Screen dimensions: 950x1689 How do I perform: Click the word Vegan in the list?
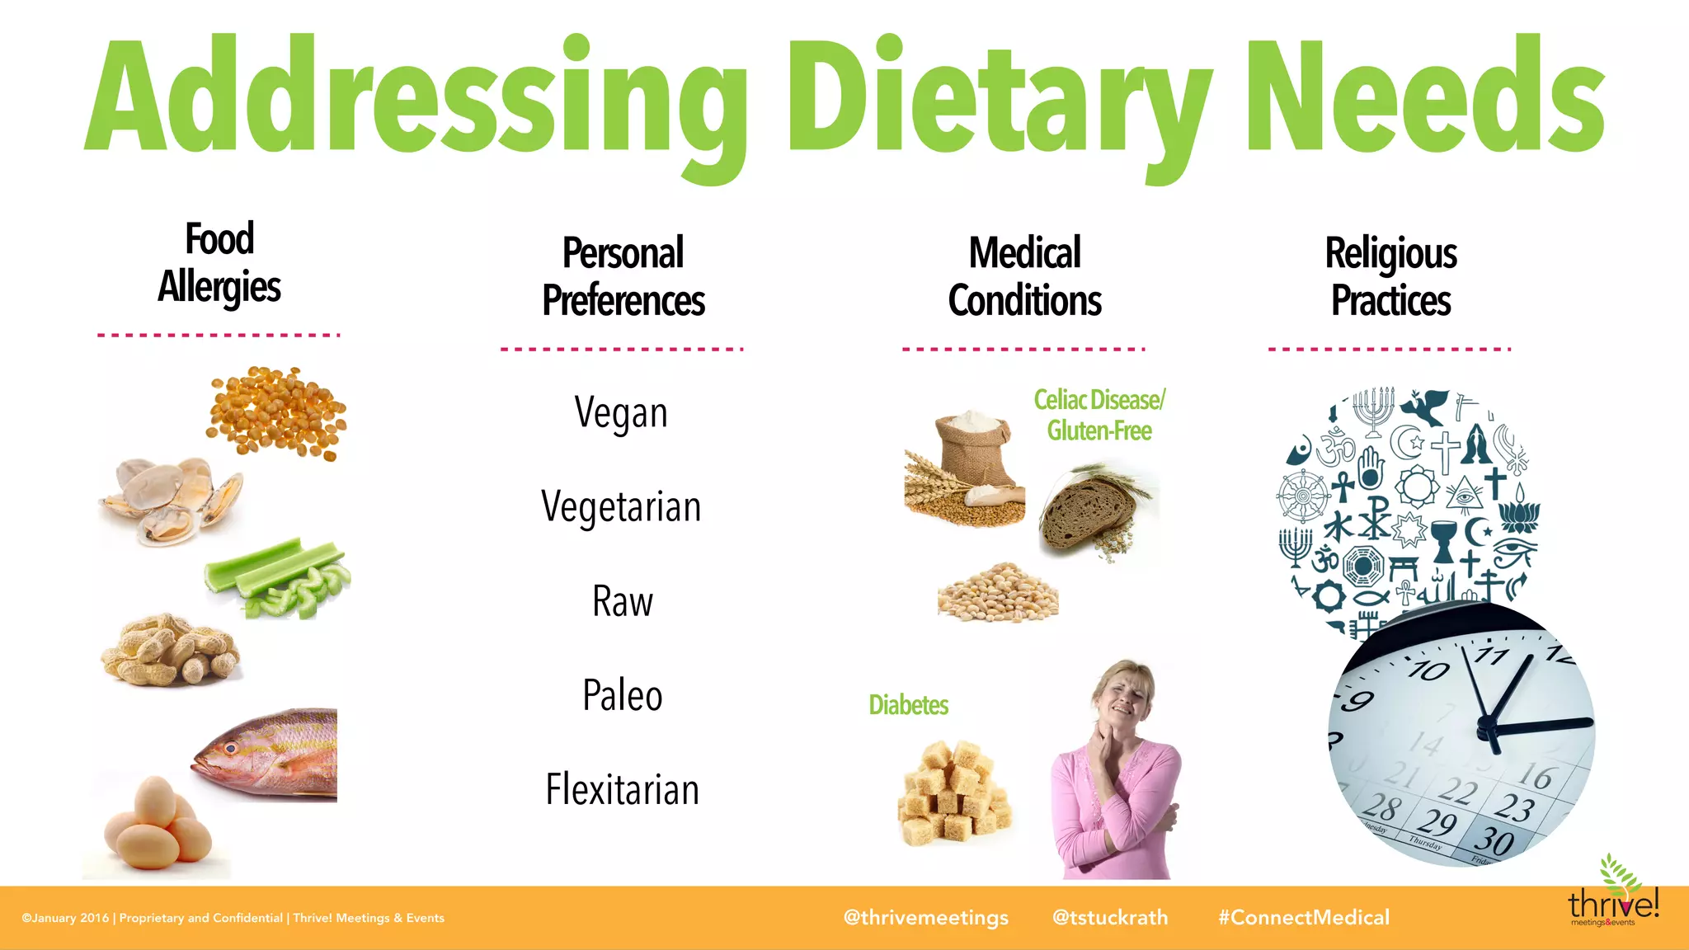click(x=621, y=412)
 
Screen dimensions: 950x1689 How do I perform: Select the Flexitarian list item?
click(x=623, y=789)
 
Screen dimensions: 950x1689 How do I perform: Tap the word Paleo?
click(x=623, y=695)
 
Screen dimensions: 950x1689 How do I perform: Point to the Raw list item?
click(x=623, y=601)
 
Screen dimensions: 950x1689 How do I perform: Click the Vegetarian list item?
click(x=621, y=506)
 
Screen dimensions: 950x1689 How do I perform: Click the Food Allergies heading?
click(x=219, y=262)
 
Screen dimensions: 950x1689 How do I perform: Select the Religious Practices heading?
click(x=1390, y=276)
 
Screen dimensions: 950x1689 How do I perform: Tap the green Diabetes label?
click(x=908, y=705)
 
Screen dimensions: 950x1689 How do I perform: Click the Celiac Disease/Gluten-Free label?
click(x=1099, y=415)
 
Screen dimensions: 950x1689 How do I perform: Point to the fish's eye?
click(x=232, y=748)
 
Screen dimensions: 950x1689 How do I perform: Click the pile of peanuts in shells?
click(x=170, y=651)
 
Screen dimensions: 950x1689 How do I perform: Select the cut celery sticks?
click(x=276, y=580)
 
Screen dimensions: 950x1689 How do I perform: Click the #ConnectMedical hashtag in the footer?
click(x=1304, y=918)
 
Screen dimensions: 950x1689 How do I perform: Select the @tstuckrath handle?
click(x=1110, y=918)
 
